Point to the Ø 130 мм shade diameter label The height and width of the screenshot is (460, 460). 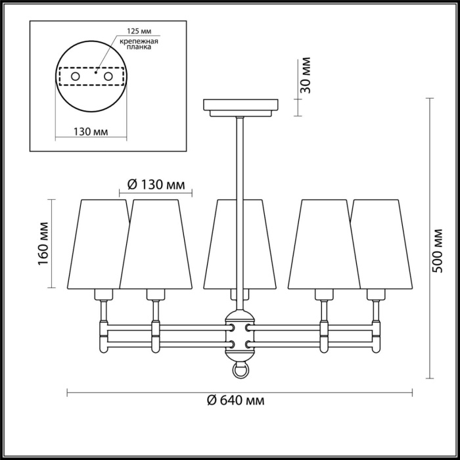pyautogui.click(x=155, y=185)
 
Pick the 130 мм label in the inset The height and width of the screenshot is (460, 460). pyautogui.click(x=89, y=131)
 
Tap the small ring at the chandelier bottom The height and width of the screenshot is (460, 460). pyautogui.click(x=241, y=371)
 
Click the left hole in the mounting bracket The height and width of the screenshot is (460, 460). pyautogui.click(x=75, y=78)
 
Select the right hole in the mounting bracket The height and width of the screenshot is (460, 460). pyautogui.click(x=107, y=78)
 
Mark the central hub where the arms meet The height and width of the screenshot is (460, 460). pyautogui.click(x=241, y=335)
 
